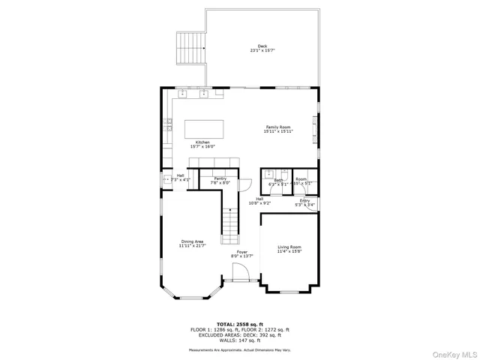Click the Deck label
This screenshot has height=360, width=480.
pos(262,46)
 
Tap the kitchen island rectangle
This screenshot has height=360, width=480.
pos(205,128)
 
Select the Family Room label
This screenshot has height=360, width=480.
pos(277,127)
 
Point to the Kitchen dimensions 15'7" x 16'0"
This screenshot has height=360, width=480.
pos(202,147)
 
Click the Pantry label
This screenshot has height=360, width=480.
pos(220,178)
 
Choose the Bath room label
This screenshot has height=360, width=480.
pos(278,180)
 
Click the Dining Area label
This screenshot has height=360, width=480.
pos(192,241)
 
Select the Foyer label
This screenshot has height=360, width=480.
pos(241,253)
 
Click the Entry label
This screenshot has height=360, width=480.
pos(304,200)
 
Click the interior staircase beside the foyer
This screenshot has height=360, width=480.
pos(230,225)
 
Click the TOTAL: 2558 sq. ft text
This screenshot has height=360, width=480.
pos(239,324)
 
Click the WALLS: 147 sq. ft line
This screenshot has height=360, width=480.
pos(239,340)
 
